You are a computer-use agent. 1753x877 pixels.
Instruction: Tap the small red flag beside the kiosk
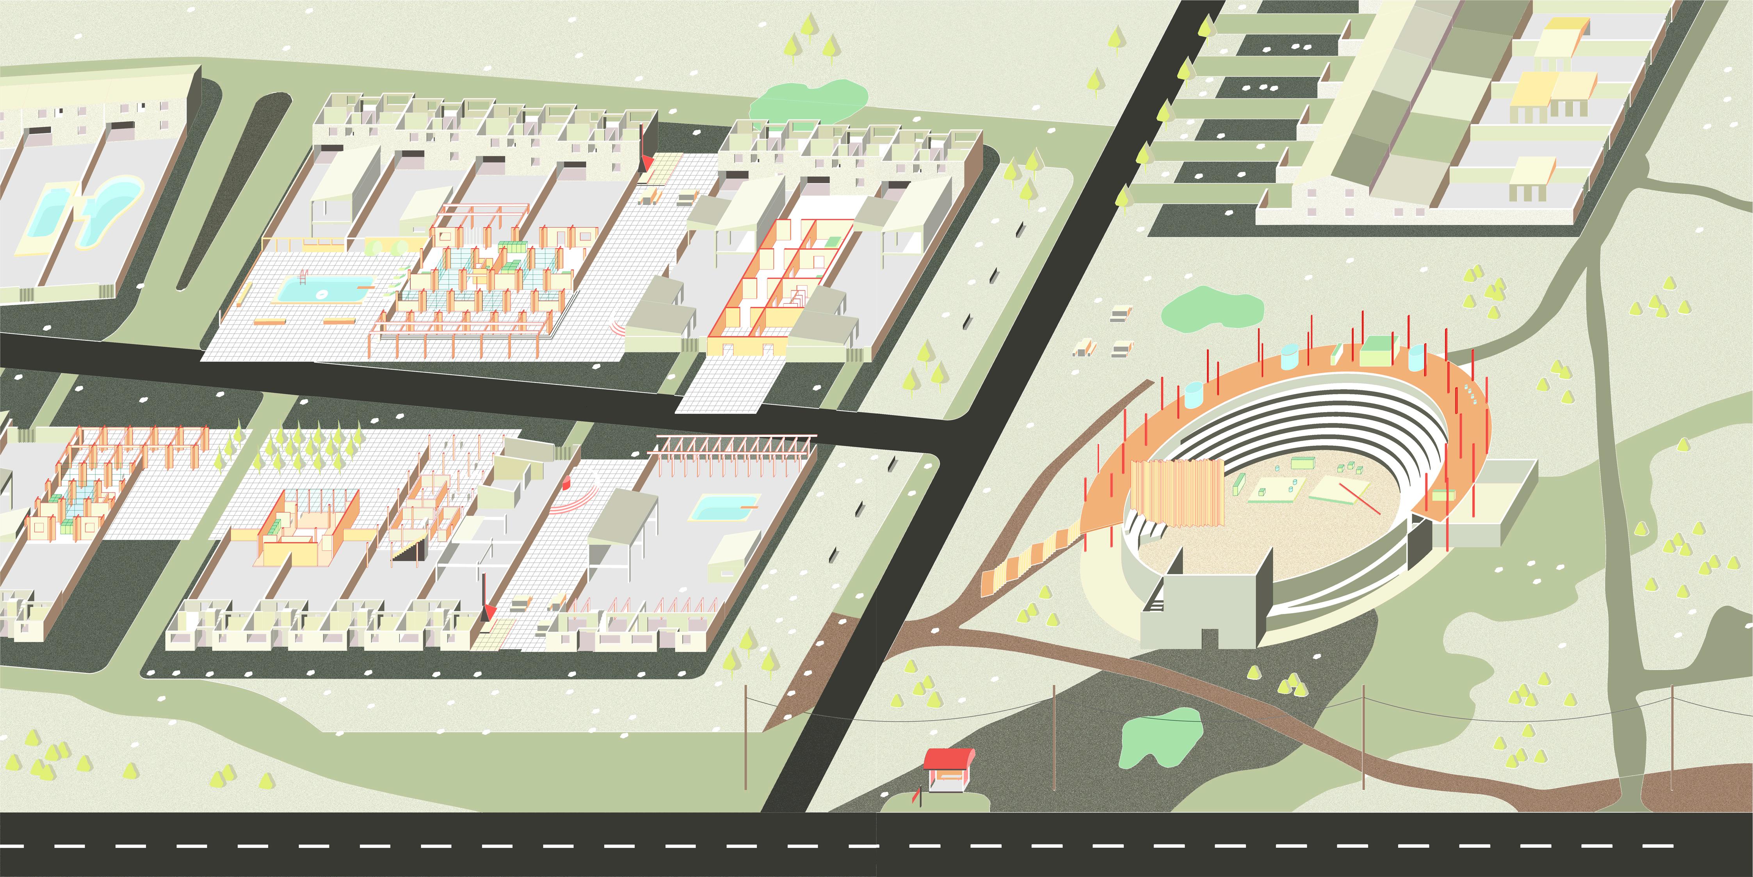pyautogui.click(x=918, y=793)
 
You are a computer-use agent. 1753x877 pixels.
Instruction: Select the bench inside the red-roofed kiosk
pyautogui.click(x=948, y=775)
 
